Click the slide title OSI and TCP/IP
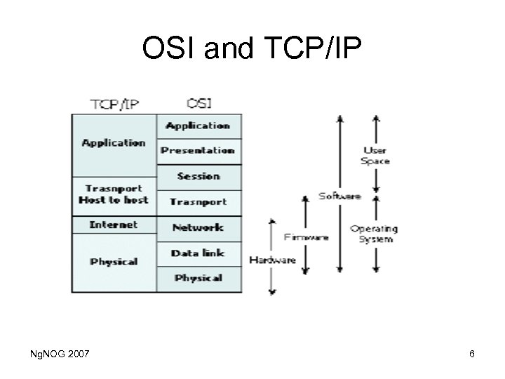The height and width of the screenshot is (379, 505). (x=252, y=48)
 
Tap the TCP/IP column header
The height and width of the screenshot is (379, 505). (x=114, y=104)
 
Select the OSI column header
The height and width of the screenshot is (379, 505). (x=198, y=103)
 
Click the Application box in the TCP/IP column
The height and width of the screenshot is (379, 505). (x=114, y=144)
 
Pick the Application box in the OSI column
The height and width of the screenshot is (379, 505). (x=198, y=126)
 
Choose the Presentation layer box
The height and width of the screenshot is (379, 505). (x=198, y=150)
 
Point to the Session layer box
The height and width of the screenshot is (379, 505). (x=198, y=176)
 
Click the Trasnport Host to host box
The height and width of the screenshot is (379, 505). (x=114, y=194)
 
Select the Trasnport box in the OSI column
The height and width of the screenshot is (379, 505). (x=198, y=202)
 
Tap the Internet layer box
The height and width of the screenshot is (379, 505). (x=114, y=225)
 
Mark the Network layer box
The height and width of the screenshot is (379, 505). (x=198, y=227)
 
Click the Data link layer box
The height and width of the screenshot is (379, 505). (x=198, y=253)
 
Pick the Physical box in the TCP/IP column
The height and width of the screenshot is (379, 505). (x=114, y=262)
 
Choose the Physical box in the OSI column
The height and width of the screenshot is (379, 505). (x=198, y=279)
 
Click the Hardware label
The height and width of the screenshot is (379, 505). (x=273, y=260)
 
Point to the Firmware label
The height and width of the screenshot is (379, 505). (x=306, y=237)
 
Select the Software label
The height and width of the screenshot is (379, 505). (x=340, y=197)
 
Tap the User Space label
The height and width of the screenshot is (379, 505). (x=375, y=156)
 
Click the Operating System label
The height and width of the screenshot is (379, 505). (x=374, y=234)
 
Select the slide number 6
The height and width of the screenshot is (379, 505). (x=472, y=354)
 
